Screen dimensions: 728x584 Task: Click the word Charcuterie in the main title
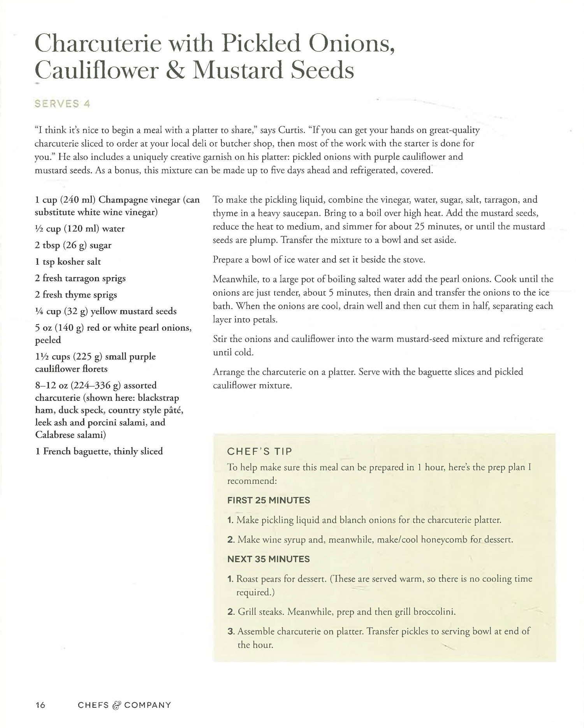[x=97, y=45]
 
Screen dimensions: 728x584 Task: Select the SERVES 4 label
[x=62, y=104]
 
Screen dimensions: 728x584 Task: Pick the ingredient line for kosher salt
[x=68, y=262]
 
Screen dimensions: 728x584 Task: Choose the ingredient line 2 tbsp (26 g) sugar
[x=73, y=245]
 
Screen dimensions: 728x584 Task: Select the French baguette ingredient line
[x=99, y=451]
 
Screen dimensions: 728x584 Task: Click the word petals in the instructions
[x=264, y=320]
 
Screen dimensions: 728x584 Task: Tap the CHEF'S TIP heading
[x=259, y=451]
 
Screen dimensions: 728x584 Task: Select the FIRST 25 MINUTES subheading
[x=269, y=500]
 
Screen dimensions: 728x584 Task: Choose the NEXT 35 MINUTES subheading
[x=268, y=559]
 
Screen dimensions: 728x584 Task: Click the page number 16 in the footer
[x=40, y=705]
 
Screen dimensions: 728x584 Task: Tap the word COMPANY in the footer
[x=148, y=705]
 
